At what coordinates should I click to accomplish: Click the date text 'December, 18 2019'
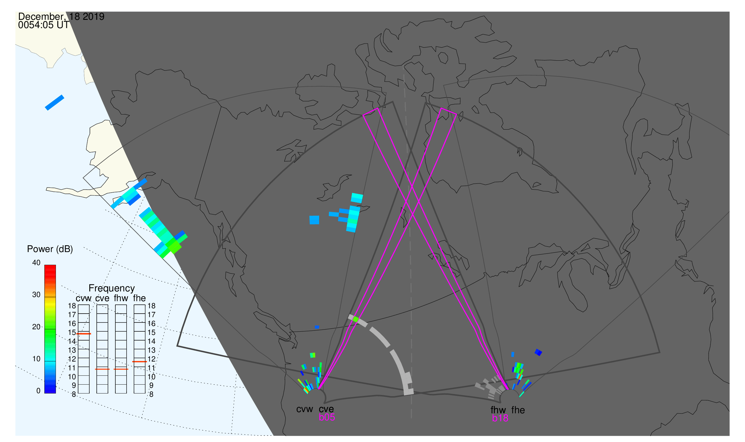pyautogui.click(x=61, y=17)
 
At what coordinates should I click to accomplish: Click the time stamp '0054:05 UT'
pyautogui.click(x=44, y=25)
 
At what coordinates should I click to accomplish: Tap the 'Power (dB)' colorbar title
pyautogui.click(x=50, y=249)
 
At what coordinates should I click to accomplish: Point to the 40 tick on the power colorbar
pyautogui.click(x=36, y=263)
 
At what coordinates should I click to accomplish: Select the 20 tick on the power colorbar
pyautogui.click(x=36, y=327)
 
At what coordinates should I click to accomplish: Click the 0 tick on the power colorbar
pyautogui.click(x=38, y=391)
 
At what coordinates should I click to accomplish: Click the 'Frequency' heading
pyautogui.click(x=112, y=288)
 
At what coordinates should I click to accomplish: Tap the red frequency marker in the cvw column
pyautogui.click(x=84, y=334)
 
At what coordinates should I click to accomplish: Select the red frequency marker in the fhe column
pyautogui.click(x=140, y=362)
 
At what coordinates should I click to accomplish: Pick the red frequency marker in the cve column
pyautogui.click(x=102, y=369)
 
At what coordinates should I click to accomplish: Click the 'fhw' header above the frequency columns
pyautogui.click(x=121, y=299)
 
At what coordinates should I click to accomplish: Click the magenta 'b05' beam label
pyautogui.click(x=327, y=417)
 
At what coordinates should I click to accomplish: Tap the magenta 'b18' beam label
pyautogui.click(x=500, y=418)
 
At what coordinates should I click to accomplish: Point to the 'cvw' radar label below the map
pyautogui.click(x=305, y=409)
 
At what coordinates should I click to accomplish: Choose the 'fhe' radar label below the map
pyautogui.click(x=518, y=410)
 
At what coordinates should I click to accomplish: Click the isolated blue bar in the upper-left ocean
pyautogui.click(x=54, y=103)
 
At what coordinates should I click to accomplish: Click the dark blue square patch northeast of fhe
pyautogui.click(x=538, y=353)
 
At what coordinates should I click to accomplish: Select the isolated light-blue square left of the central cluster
pyautogui.click(x=314, y=220)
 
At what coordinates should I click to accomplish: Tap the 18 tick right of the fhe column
pyautogui.click(x=151, y=306)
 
